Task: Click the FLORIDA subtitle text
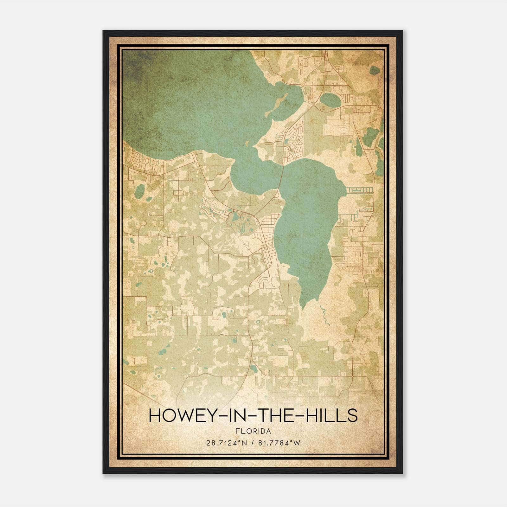pyautogui.click(x=253, y=431)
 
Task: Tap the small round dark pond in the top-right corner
pyautogui.click(x=375, y=70)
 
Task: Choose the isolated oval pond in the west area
pyautogui.click(x=139, y=190)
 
